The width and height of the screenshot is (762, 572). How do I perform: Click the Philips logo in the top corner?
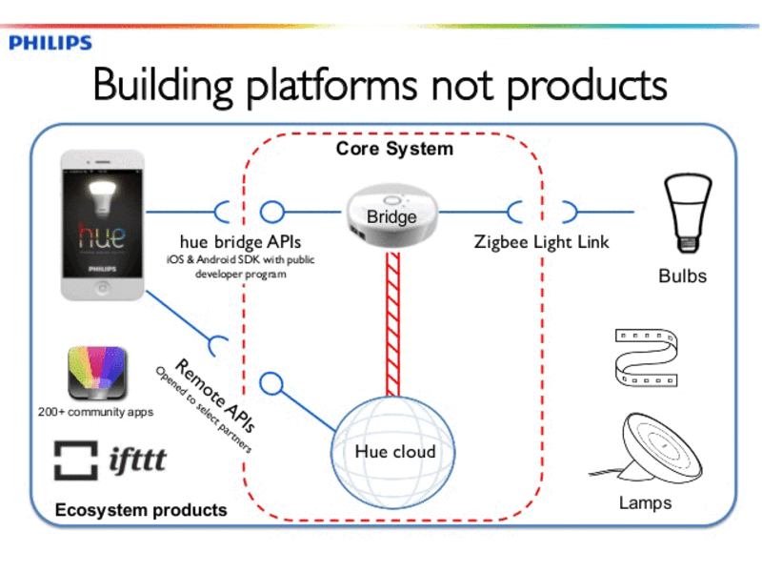[x=50, y=43]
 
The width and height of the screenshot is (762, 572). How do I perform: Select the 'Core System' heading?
[x=394, y=150]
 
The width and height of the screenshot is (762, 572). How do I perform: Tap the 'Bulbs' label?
[x=682, y=276]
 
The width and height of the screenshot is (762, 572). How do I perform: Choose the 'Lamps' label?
[x=645, y=502]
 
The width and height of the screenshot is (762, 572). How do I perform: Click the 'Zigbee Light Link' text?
[x=542, y=242]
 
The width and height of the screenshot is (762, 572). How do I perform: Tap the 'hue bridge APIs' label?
[x=240, y=242]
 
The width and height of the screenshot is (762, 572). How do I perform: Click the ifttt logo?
[x=110, y=460]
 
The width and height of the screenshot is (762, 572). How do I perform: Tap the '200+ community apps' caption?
[x=95, y=412]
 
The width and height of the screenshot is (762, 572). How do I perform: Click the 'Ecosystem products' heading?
[x=140, y=510]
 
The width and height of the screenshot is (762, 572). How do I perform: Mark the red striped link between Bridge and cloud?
[x=392, y=325]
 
